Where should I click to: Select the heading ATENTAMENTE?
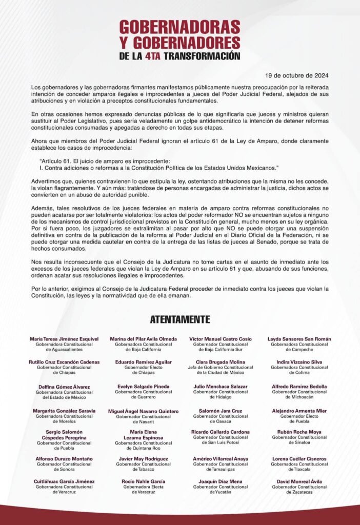pyautogui.click(x=180, y=319)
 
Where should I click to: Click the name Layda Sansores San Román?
pyautogui.click(x=299, y=339)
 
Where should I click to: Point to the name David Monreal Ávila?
pyautogui.click(x=299, y=481)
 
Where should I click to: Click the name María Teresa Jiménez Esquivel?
pyautogui.click(x=64, y=339)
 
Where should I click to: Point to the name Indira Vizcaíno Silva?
pyautogui.click(x=299, y=362)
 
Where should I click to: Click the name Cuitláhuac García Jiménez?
pyautogui.click(x=64, y=481)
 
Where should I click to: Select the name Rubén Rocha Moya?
pyautogui.click(x=299, y=432)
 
